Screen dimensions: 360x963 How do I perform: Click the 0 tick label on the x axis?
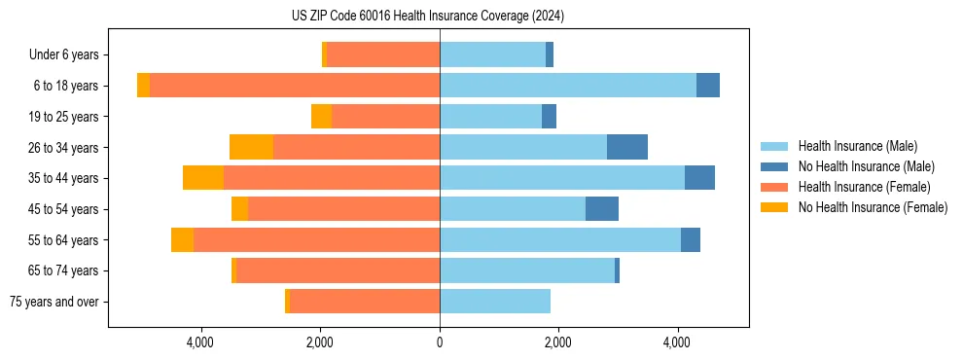440,342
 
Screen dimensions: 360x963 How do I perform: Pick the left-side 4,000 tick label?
200,342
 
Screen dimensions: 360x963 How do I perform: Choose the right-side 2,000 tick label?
558,342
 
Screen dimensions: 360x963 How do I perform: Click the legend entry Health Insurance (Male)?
857,147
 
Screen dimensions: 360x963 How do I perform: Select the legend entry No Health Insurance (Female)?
873,207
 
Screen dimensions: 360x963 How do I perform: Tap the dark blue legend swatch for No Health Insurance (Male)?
774,167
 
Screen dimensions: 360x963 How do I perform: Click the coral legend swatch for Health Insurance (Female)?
774,187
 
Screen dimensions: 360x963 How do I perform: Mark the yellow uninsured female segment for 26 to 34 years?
251,147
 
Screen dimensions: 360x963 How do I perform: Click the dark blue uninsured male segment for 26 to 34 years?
627,147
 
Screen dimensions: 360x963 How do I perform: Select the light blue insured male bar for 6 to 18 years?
568,86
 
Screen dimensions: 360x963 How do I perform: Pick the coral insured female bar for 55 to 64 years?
316,239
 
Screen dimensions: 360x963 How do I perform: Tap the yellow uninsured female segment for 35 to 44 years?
203,178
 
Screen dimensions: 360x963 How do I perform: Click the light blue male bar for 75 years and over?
495,302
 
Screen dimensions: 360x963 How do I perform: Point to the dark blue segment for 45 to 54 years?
602,209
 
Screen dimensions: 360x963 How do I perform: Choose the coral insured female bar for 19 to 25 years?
385,117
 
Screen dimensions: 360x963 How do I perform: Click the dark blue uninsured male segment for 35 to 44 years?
699,178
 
